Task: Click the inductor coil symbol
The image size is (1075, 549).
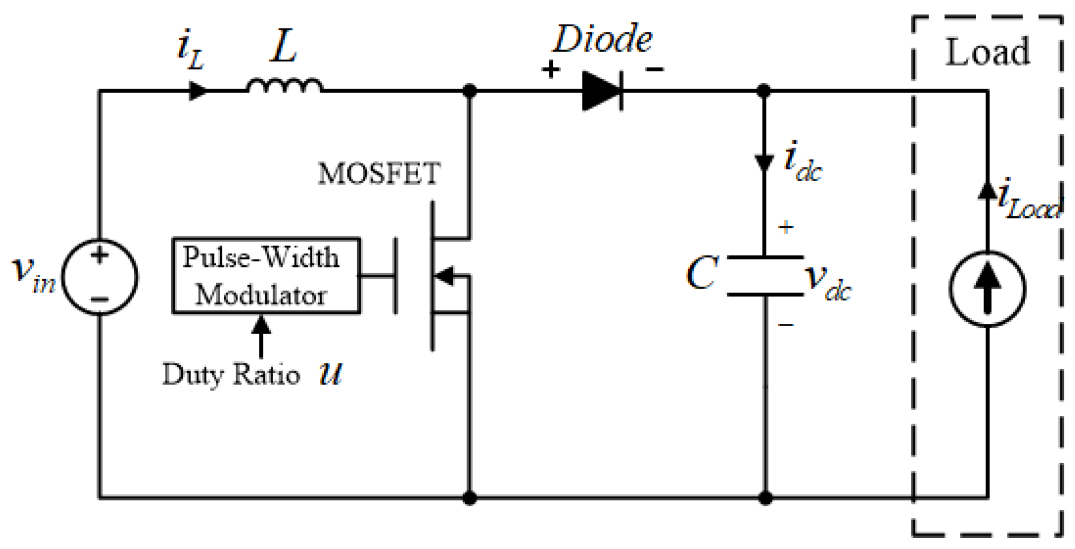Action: coord(284,86)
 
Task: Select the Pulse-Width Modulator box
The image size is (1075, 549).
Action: coord(266,276)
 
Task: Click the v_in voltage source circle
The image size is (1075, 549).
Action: coord(100,276)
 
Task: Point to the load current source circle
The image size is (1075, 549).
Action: coord(987,289)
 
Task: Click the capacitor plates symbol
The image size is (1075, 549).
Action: coord(765,276)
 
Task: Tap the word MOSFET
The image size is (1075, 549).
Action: coord(379,173)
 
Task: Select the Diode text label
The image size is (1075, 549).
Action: coord(602,39)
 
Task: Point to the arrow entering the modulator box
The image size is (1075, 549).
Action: coord(261,334)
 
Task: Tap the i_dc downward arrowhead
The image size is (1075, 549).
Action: coord(764,163)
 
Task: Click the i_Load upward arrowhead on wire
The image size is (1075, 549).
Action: coord(987,191)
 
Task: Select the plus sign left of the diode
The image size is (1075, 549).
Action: coord(551,70)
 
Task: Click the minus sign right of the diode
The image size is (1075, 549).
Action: coord(654,70)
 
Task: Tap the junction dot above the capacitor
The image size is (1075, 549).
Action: coord(764,90)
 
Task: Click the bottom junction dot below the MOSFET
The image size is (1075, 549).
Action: coord(470,498)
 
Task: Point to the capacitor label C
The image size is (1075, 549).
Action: coord(702,273)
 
